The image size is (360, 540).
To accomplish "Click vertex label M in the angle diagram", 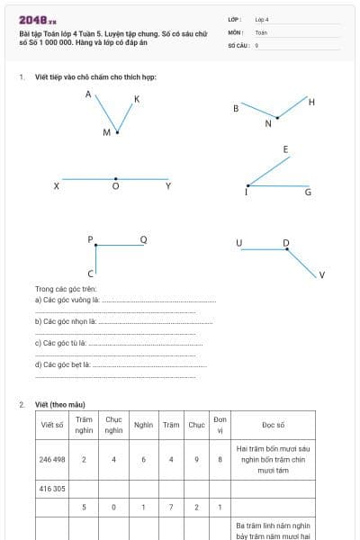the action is click(106, 132).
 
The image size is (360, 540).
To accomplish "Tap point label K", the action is click(137, 99).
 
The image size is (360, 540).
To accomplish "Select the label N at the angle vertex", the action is click(267, 124).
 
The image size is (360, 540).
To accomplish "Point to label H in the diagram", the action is click(311, 102).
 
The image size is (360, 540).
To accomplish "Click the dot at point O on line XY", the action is click(115, 179).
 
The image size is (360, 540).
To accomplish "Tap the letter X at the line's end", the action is click(57, 186).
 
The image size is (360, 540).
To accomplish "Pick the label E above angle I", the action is click(285, 148).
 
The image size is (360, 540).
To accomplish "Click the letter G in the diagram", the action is click(308, 192).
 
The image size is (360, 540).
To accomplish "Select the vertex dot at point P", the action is click(95, 245).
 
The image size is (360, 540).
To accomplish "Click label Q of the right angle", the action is click(143, 239).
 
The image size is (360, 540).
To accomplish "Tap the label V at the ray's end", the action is click(321, 274).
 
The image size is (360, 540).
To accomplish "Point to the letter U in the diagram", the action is click(239, 243).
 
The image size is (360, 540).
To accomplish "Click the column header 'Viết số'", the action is click(52, 424).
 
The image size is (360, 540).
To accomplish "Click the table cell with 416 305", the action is click(52, 489).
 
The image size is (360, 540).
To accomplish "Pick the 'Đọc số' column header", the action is click(274, 424).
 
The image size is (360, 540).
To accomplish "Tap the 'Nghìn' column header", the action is click(143, 424).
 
